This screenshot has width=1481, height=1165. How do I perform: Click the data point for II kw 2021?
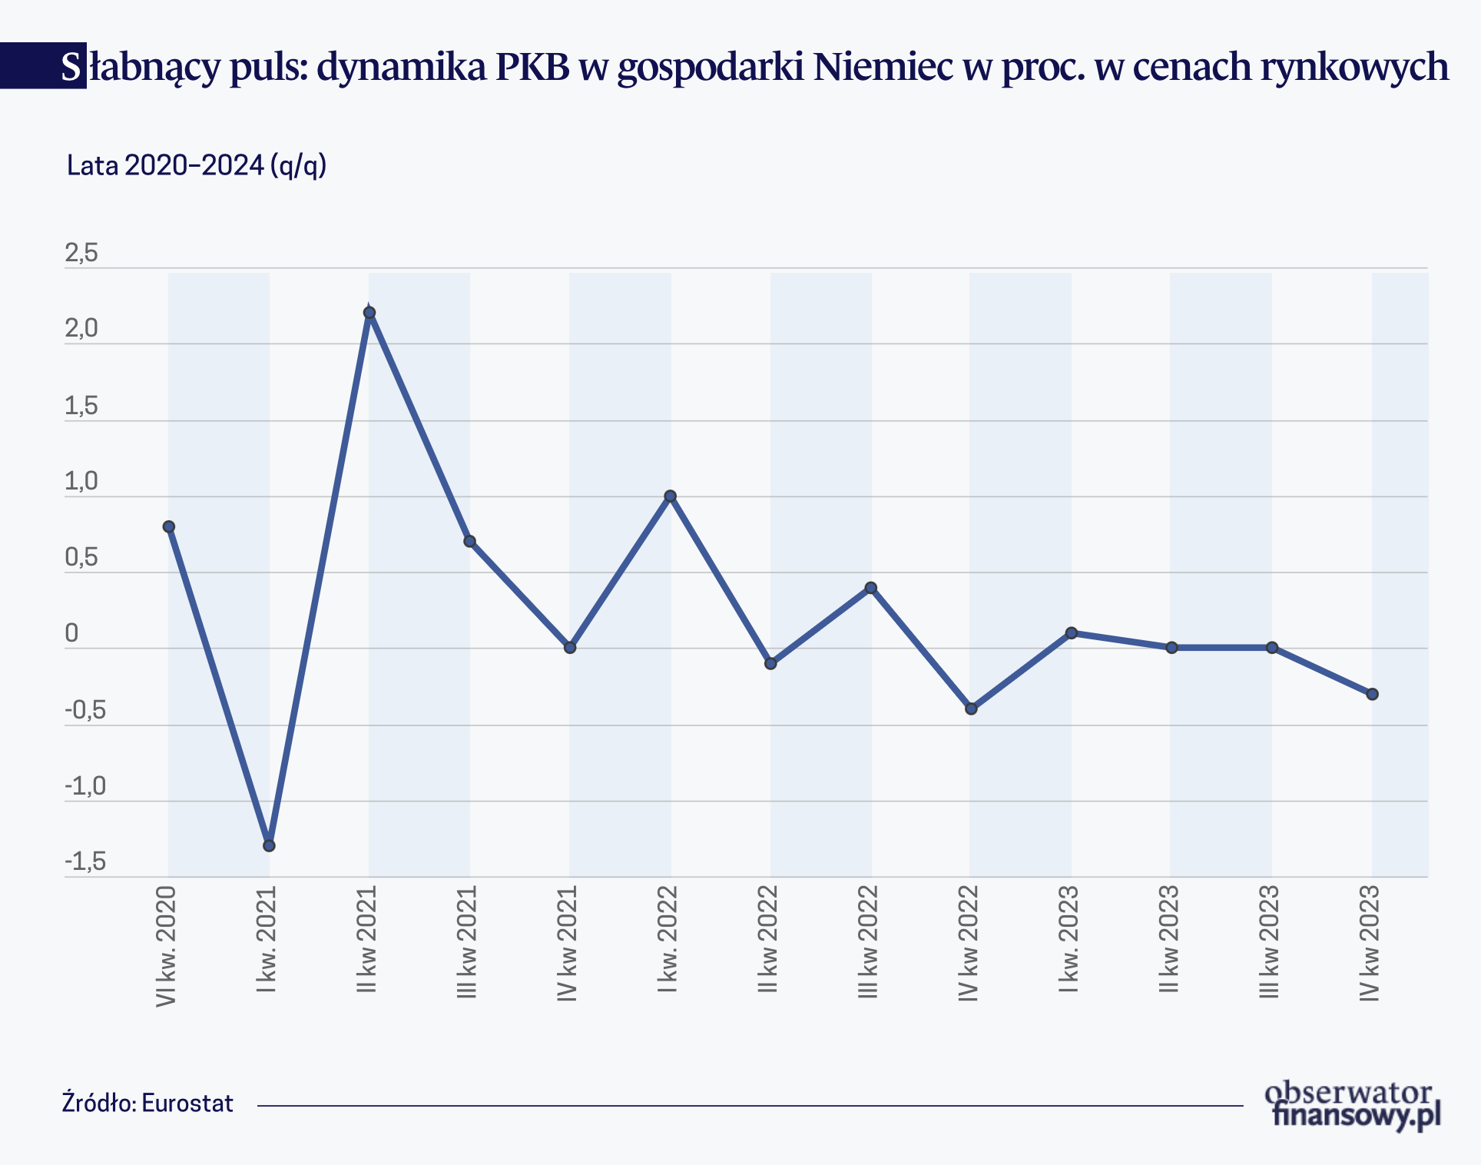369,313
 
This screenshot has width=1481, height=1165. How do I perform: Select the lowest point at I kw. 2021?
269,845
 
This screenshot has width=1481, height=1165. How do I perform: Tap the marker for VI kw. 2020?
169,526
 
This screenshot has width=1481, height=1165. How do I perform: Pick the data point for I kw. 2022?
670,496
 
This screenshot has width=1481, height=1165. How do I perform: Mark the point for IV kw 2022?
971,709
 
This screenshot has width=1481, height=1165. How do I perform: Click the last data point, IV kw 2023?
1373,694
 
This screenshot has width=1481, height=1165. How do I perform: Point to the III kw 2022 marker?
870,588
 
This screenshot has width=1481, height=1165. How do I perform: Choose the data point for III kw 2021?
469,542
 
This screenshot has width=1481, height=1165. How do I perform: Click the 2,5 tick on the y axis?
81,253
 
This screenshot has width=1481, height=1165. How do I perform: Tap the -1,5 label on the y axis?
85,862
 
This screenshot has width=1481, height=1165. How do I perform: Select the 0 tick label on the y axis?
71,633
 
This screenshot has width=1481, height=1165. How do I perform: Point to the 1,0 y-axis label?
81,482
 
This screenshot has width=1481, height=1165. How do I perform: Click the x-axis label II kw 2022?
768,939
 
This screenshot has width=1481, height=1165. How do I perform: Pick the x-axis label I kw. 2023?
1069,939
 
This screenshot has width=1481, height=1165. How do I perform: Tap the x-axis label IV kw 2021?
567,943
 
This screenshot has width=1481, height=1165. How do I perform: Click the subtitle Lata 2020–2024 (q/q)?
197,165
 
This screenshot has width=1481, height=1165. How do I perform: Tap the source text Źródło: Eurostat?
147,1104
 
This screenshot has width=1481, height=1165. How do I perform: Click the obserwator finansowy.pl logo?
1353,1105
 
